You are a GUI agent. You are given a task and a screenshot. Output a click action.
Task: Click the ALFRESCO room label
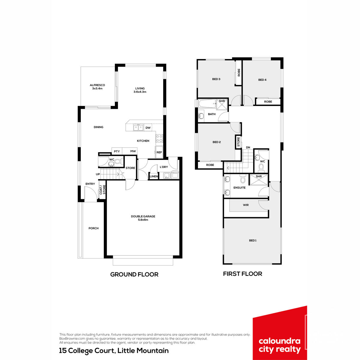tap(97, 85)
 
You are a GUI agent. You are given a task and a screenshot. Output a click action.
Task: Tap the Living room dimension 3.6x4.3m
tap(140, 92)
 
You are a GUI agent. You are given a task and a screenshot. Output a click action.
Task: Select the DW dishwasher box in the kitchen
tap(148, 128)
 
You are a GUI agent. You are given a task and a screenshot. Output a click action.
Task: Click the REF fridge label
tap(159, 152)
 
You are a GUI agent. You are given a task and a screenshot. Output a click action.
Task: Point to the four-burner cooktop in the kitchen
tap(159, 138)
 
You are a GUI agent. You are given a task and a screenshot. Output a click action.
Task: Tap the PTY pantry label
tap(117, 151)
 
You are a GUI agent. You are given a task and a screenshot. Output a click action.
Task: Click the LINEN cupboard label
tap(154, 176)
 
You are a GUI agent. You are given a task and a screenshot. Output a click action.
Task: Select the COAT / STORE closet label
tap(102, 190)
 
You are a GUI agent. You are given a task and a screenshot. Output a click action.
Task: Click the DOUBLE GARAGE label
tap(143, 216)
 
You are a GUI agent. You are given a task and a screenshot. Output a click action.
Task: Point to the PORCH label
tap(93, 228)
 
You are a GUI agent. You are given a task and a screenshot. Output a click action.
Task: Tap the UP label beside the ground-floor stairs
tap(98, 174)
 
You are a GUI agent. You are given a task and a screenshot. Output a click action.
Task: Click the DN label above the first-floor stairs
tap(248, 147)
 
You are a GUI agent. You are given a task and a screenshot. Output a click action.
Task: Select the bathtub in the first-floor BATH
tap(207, 104)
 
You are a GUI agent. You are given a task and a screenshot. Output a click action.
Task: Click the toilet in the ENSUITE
tap(242, 179)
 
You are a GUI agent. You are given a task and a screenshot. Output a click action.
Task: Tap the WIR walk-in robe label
tap(246, 205)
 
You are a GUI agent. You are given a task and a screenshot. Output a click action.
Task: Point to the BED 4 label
tap(262, 80)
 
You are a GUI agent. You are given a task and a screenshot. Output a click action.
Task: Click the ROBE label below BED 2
tap(210, 165)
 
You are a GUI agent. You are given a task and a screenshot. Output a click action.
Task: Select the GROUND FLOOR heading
tap(134, 274)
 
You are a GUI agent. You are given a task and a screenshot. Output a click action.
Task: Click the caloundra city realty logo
tap(280, 333)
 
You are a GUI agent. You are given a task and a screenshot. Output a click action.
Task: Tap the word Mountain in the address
tap(153, 350)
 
